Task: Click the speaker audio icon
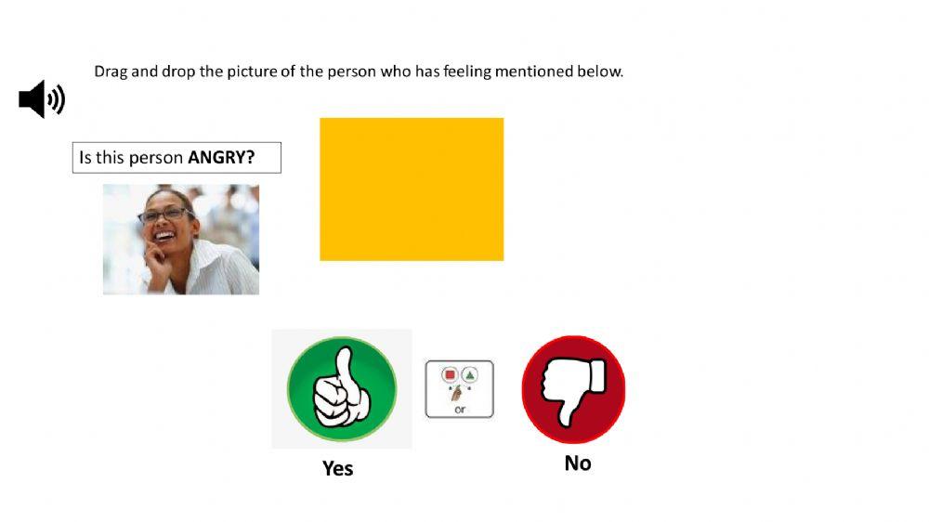pos(42,98)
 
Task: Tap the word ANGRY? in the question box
pos(221,157)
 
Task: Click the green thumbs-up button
pos(341,388)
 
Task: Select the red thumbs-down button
pos(573,388)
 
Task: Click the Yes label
pos(337,468)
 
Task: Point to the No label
pos(577,463)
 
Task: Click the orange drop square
pos(412,189)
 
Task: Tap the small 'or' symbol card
pos(459,389)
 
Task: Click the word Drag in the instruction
pos(111,72)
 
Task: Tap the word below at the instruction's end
pos(602,72)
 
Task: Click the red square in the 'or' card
pos(450,375)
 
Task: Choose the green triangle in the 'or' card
pos(469,375)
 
